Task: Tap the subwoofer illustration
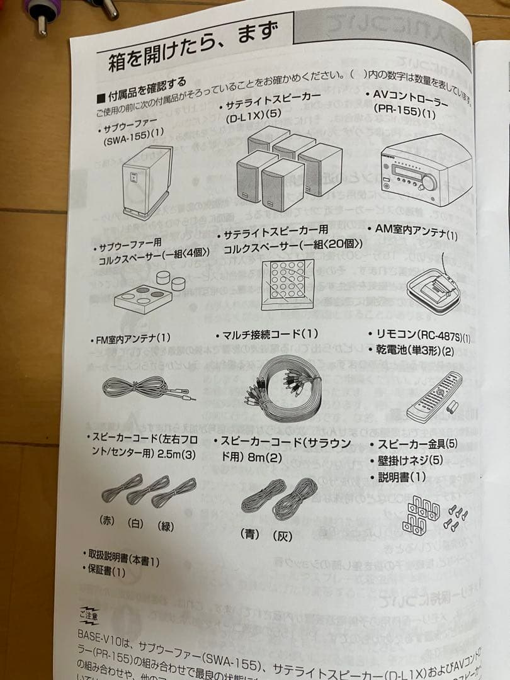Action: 147,181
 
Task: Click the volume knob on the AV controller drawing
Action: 429,182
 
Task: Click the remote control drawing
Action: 434,397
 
